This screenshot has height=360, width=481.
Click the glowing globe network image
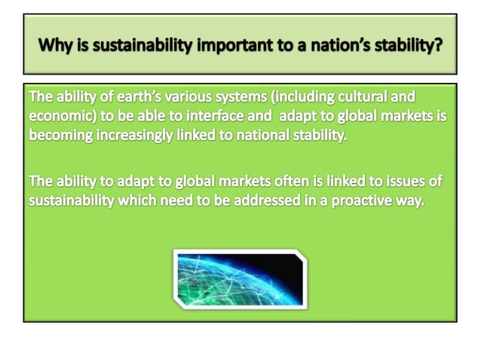click(240, 279)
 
